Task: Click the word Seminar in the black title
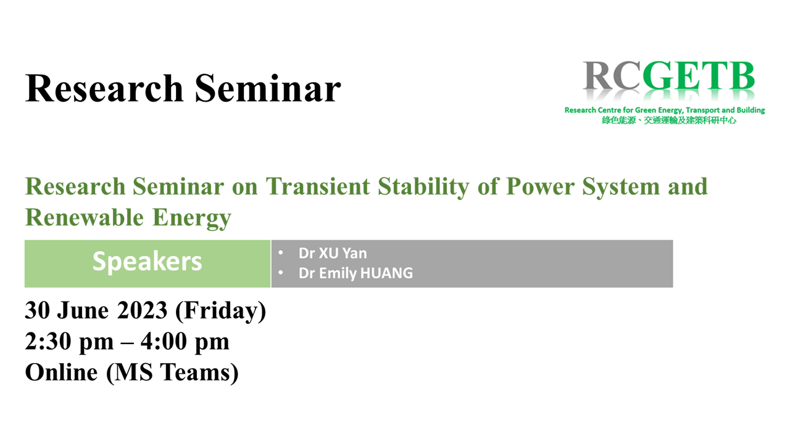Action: coord(268,88)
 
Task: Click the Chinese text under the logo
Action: coord(669,120)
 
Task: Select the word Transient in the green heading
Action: coord(317,186)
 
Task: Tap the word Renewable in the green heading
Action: coord(85,217)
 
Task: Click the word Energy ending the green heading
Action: coord(192,218)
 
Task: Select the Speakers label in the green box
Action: coord(147,262)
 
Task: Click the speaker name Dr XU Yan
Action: coord(333,253)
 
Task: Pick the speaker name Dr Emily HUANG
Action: coord(355,273)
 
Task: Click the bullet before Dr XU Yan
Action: coord(281,252)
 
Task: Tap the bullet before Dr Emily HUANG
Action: coord(281,273)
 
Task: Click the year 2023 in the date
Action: coord(142,310)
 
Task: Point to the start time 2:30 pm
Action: coord(70,342)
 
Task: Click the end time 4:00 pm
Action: coord(185,342)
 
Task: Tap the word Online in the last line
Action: coord(61,372)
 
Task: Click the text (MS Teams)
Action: coord(172,373)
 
